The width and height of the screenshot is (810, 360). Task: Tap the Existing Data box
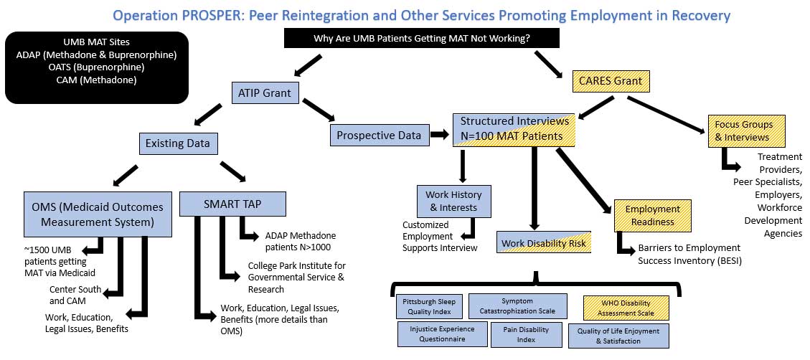tap(178, 143)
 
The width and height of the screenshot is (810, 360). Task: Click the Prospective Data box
tap(379, 133)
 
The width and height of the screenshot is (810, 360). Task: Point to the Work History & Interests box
tap(453, 201)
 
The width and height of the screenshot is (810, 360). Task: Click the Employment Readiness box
tap(652, 215)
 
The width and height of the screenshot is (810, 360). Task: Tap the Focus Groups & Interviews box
tap(741, 129)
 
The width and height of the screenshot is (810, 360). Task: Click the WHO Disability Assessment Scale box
tap(627, 308)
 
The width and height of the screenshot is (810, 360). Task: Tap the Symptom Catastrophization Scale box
tap(517, 306)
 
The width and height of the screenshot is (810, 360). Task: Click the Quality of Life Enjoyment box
tap(618, 336)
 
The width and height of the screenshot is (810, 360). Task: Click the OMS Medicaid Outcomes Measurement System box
tap(98, 214)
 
